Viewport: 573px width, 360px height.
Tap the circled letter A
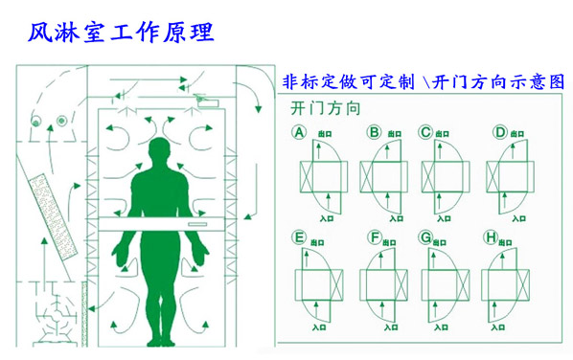(x=299, y=132)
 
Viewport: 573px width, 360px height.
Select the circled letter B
(x=374, y=132)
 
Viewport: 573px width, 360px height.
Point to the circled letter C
(x=425, y=132)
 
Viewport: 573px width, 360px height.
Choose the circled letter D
(x=498, y=132)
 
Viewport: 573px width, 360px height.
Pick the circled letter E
(x=299, y=236)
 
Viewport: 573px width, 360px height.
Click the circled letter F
(x=374, y=236)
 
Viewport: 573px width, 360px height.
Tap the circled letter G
(x=425, y=236)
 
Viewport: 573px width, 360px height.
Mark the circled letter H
(x=492, y=236)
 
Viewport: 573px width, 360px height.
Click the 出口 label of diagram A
(x=320, y=137)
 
